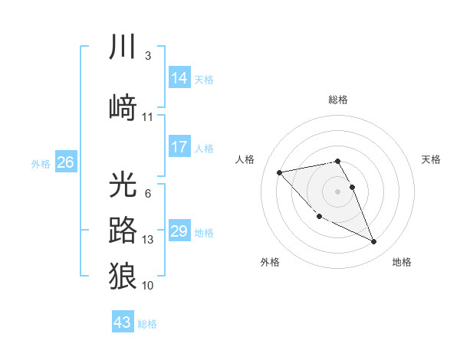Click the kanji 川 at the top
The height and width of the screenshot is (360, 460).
click(123, 47)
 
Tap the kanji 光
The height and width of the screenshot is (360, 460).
click(123, 185)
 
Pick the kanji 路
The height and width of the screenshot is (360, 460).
click(123, 230)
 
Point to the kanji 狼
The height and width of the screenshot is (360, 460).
click(123, 276)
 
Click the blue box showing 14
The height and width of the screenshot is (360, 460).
click(179, 77)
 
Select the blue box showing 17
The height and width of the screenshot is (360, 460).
click(179, 147)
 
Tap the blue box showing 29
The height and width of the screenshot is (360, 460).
click(179, 231)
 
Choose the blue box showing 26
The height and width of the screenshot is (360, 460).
click(65, 162)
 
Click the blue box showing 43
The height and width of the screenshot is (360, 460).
click(123, 322)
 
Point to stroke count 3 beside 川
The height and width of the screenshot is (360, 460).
click(147, 56)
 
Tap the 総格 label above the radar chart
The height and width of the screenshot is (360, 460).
click(338, 100)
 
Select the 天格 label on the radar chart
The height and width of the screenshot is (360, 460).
click(431, 159)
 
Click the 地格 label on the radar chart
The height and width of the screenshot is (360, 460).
click(402, 262)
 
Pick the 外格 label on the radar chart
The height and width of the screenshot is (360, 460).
click(270, 262)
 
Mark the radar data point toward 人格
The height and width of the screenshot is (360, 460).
click(279, 172)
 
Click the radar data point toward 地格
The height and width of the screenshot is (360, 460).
click(374, 242)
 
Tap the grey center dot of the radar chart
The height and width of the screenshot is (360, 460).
click(338, 191)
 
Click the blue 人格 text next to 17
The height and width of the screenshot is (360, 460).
click(204, 148)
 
